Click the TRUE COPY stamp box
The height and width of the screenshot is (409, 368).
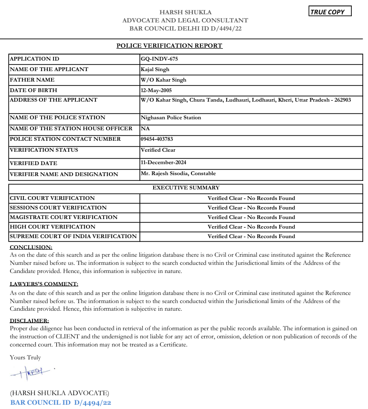point(330,11)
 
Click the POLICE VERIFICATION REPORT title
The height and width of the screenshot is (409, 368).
point(169,46)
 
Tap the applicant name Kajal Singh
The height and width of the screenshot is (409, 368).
point(155,69)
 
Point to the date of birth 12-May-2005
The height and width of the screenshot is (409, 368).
point(156,90)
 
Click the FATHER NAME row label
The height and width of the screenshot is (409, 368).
point(32,80)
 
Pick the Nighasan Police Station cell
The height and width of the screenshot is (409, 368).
point(171,117)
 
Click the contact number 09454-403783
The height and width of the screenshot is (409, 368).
point(157,139)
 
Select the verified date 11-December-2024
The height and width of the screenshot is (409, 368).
point(163,163)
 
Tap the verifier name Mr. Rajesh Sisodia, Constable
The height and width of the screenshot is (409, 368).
point(178,173)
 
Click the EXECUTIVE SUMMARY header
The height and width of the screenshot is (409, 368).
point(186,188)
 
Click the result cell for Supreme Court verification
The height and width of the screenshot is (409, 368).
point(251,236)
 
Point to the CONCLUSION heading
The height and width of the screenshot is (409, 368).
point(31,247)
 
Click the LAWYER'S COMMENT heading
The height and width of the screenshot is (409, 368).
point(44,284)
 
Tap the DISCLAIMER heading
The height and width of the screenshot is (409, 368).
point(30,321)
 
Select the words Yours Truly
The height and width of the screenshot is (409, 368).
point(25,357)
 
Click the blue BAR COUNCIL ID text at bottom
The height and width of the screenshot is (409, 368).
point(61,403)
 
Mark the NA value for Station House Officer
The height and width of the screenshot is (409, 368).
point(145,128)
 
